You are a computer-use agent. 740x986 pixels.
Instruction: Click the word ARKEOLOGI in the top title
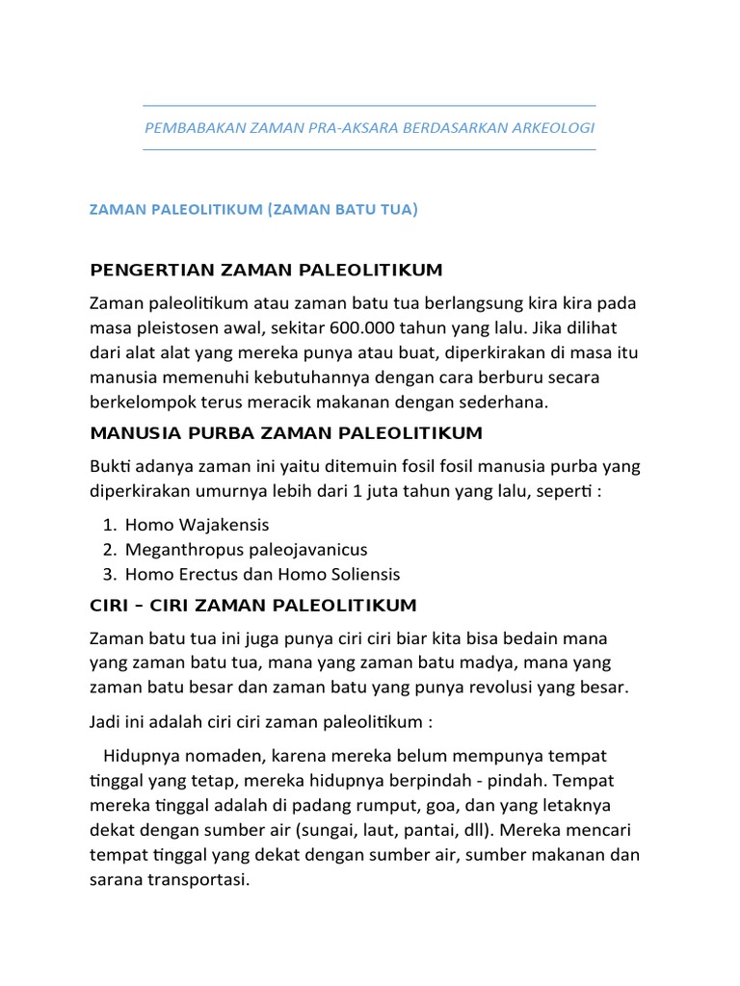coord(550,128)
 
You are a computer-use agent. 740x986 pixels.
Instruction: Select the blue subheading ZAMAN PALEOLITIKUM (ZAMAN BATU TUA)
coord(253,209)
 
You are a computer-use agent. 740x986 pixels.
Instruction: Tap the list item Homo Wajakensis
coord(197,525)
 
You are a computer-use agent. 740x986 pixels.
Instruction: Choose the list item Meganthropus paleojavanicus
coord(246,550)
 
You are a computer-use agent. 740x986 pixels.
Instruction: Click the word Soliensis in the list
coord(364,574)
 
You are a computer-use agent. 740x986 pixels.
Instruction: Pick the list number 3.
coord(108,574)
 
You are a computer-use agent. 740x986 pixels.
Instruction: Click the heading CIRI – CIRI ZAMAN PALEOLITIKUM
coord(253,606)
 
